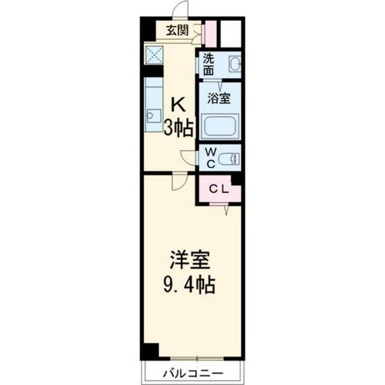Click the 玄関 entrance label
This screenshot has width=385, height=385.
[176, 29]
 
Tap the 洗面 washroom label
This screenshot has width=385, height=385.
[209, 65]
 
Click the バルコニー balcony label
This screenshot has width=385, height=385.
[192, 373]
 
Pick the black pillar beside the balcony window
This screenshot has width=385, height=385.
[150, 352]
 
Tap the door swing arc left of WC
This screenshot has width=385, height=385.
[189, 157]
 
